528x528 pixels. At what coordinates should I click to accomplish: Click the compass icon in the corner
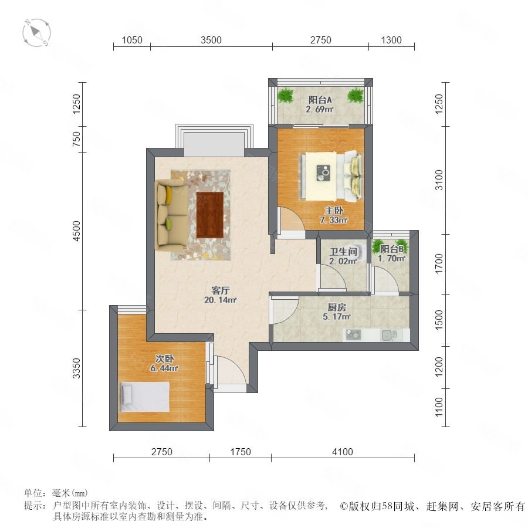[x=37, y=33]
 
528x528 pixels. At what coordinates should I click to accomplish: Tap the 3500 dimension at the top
[x=211, y=40]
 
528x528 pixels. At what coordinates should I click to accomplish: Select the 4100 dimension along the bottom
[x=343, y=452]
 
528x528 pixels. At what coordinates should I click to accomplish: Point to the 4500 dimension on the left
[x=77, y=231]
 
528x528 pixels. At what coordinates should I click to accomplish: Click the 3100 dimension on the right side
[x=439, y=180]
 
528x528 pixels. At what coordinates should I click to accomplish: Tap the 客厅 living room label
[x=221, y=290]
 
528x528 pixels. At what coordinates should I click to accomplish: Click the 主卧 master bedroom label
[x=334, y=211]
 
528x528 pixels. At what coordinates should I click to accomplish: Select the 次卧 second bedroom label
[x=164, y=358]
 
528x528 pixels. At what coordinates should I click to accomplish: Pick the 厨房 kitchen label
[x=337, y=307]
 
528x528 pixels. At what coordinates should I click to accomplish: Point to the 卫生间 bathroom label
[x=343, y=252]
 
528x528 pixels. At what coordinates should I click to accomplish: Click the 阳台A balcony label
[x=320, y=100]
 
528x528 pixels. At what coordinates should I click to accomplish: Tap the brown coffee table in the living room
[x=210, y=215]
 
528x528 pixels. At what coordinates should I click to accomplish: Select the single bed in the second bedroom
[x=145, y=397]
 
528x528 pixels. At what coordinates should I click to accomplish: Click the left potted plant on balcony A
[x=286, y=95]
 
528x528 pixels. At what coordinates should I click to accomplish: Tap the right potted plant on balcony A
[x=356, y=95]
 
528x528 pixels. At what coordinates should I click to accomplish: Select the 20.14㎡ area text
[x=221, y=300]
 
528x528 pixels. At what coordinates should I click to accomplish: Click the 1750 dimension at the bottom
[x=241, y=452]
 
